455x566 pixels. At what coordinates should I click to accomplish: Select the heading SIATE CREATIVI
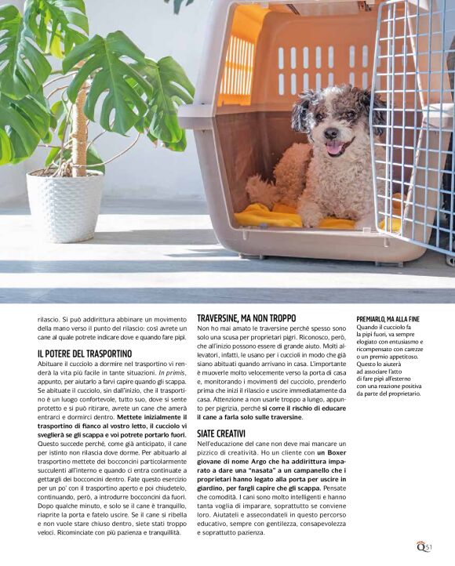tap(221, 433)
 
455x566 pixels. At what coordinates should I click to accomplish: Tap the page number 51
tap(428, 546)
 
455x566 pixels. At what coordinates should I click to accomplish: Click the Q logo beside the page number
tap(420, 546)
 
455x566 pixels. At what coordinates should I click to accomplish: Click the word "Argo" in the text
tap(260, 463)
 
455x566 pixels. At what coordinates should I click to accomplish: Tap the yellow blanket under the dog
tap(271, 216)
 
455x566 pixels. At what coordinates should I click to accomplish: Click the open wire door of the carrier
tap(412, 125)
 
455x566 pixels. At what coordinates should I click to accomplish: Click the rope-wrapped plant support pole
tap(79, 129)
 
